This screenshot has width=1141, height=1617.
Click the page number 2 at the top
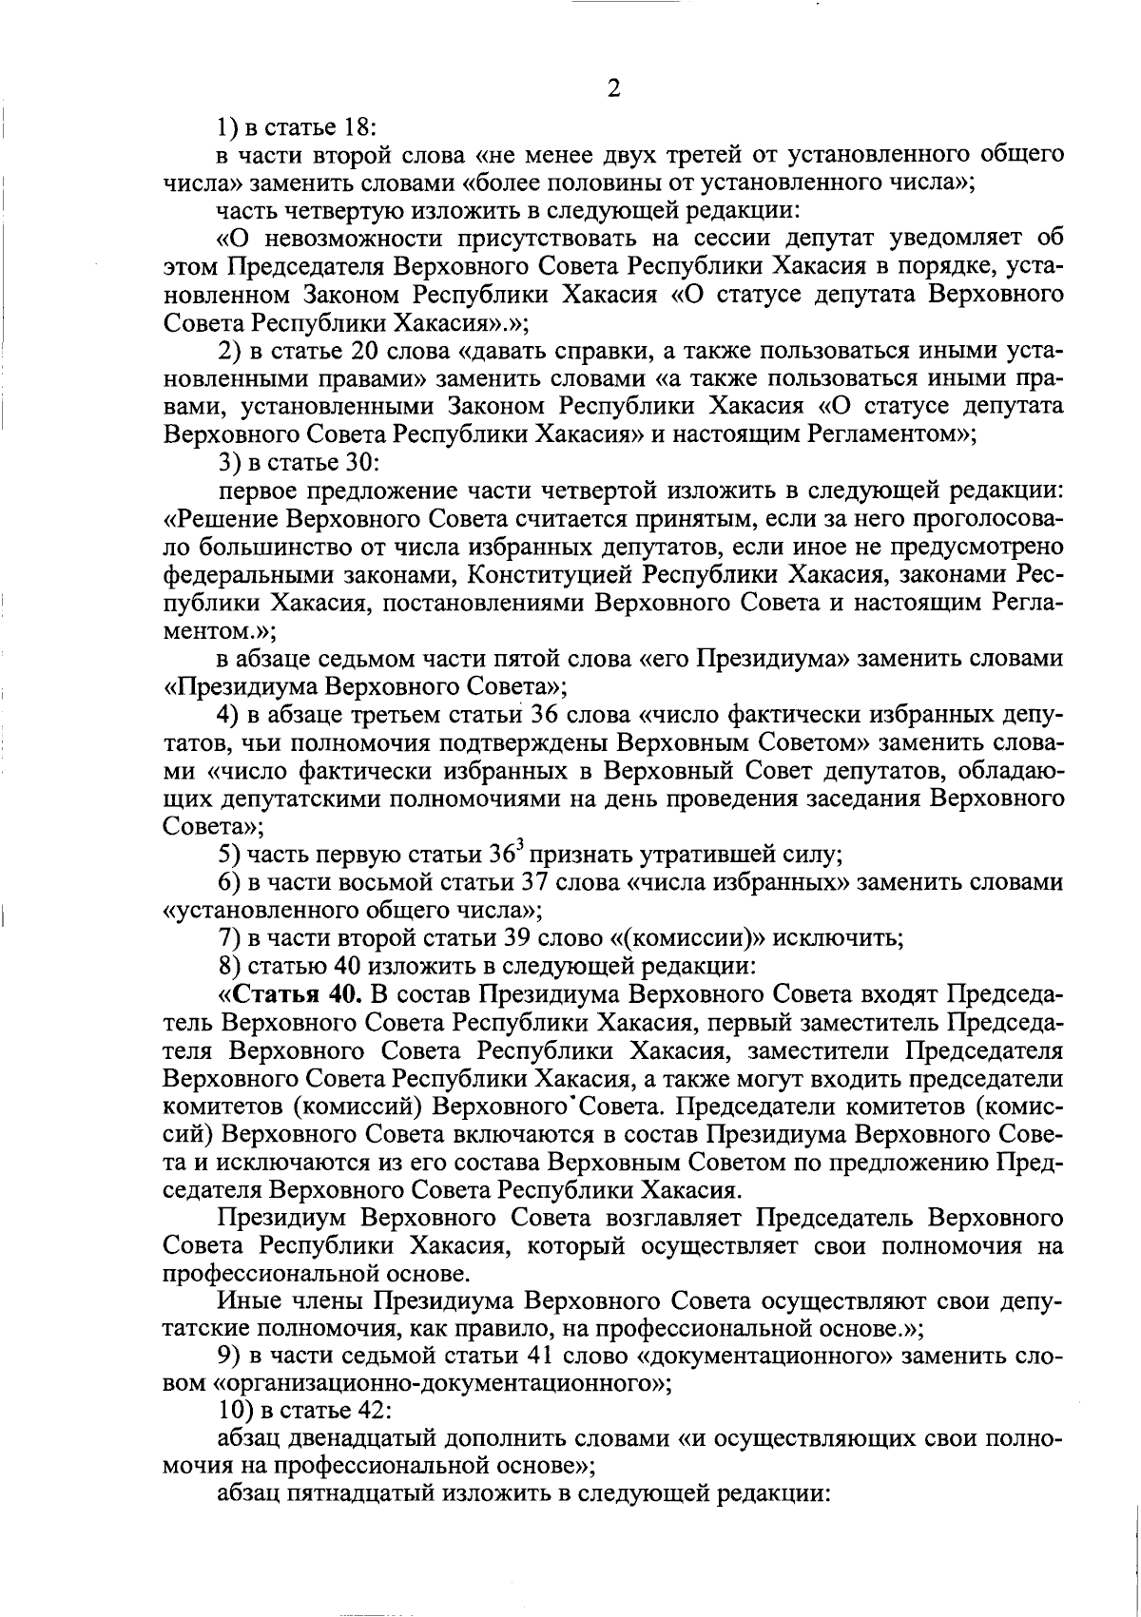point(613,88)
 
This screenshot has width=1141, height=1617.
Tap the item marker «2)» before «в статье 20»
point(229,351)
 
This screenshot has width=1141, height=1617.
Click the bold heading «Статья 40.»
point(297,995)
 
